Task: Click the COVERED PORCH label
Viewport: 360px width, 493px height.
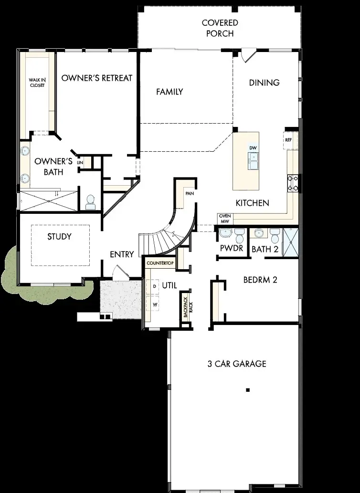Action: (x=220, y=28)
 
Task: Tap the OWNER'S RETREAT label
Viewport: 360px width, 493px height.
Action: (x=96, y=78)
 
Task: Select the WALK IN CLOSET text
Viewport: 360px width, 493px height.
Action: (x=37, y=83)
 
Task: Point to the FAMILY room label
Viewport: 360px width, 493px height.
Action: (x=169, y=92)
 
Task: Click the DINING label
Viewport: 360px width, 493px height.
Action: (x=264, y=83)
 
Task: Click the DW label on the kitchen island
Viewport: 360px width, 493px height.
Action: (x=253, y=148)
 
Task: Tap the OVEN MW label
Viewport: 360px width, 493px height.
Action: (x=225, y=218)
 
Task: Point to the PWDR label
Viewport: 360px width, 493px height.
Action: (x=232, y=249)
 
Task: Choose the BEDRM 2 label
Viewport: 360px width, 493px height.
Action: (x=260, y=280)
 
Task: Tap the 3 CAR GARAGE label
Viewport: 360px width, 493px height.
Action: (x=237, y=364)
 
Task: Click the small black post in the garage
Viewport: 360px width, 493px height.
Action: (x=248, y=390)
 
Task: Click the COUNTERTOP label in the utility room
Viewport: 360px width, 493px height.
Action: (x=159, y=263)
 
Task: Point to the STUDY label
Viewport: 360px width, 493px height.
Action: (x=60, y=237)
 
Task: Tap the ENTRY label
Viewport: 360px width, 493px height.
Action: (x=122, y=254)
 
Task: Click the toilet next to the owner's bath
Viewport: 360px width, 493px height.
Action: (x=89, y=203)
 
